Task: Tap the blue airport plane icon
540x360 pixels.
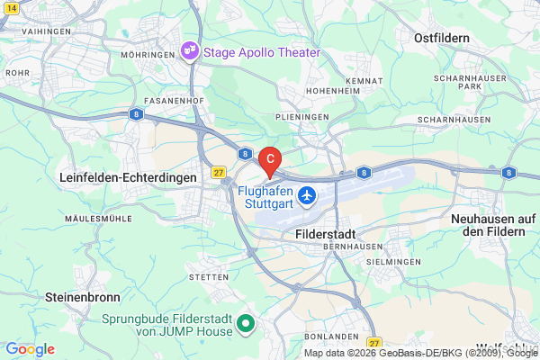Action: tap(307, 194)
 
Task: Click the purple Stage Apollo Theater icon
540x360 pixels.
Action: tap(190, 51)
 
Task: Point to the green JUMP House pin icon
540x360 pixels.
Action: tap(244, 323)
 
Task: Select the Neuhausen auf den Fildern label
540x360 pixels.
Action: tap(493, 225)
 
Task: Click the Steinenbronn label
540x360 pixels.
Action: tap(76, 295)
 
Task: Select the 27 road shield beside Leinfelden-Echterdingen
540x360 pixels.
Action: tap(219, 171)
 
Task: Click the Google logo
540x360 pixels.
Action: tap(30, 349)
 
